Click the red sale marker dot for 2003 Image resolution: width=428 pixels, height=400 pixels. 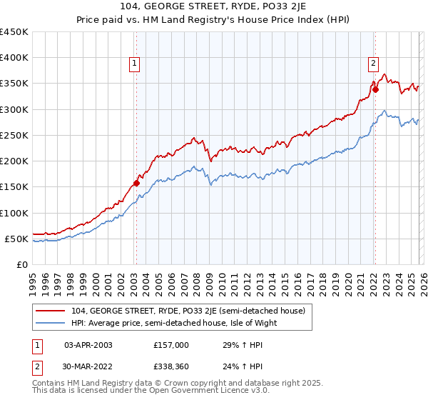pyautogui.click(x=136, y=183)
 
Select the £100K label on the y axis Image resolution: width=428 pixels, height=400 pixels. pyautogui.click(x=14, y=213)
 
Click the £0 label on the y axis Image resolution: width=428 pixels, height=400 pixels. pyautogui.click(x=23, y=264)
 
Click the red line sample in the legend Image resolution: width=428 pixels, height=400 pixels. pyautogui.click(x=52, y=311)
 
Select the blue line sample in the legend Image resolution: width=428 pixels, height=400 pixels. pyautogui.click(x=52, y=323)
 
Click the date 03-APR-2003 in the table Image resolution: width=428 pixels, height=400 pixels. pyautogui.click(x=88, y=344)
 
